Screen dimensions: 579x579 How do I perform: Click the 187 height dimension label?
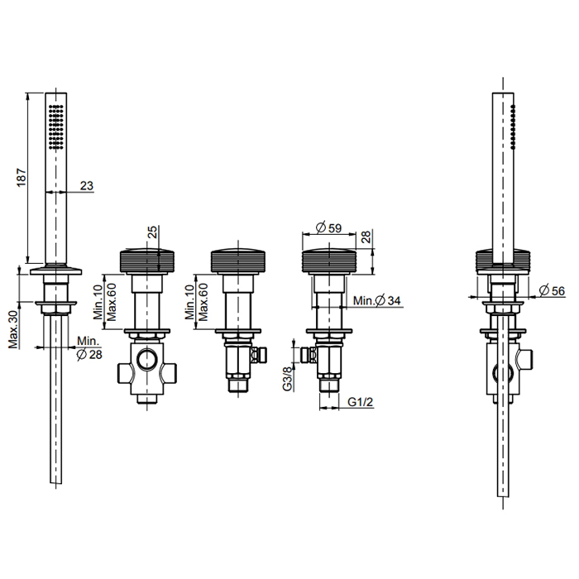22,177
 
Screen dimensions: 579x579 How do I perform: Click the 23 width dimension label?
86,185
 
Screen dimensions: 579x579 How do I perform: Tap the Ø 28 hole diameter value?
89,355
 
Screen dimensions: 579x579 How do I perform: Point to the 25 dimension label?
152,232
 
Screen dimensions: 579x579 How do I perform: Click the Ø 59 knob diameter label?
329,227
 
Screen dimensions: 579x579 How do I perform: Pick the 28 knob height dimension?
366,237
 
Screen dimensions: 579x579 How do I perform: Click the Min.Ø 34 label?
376,300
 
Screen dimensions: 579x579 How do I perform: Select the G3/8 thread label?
287,378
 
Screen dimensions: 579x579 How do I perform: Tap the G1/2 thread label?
361,402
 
